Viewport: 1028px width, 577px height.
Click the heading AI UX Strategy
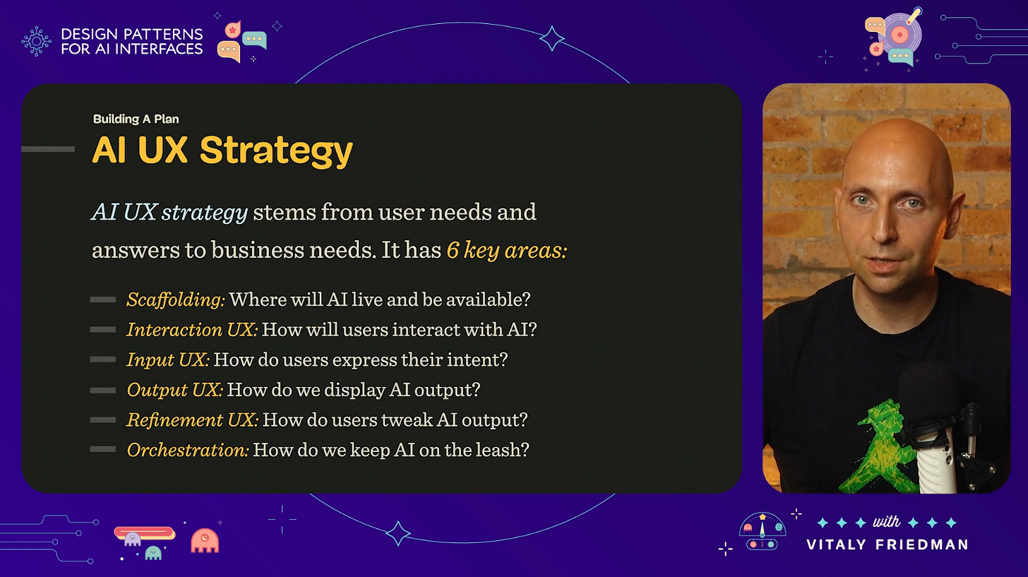(222, 150)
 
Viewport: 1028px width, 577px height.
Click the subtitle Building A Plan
(141, 119)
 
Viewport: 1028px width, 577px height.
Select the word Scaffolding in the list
(175, 299)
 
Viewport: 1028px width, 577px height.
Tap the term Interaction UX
(192, 330)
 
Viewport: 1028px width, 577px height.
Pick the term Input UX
(168, 359)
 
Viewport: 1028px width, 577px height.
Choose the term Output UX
(174, 390)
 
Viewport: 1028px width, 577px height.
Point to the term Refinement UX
(192, 420)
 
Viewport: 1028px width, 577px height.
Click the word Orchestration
(188, 450)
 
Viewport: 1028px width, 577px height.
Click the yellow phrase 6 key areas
(506, 251)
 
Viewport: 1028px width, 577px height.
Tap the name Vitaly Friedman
(887, 545)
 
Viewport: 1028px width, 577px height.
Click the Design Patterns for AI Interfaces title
(132, 41)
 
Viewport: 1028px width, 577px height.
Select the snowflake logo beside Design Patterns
(36, 41)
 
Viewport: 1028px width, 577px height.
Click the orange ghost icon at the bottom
(205, 540)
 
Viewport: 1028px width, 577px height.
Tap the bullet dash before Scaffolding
(103, 300)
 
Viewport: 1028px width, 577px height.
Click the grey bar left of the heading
(48, 149)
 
